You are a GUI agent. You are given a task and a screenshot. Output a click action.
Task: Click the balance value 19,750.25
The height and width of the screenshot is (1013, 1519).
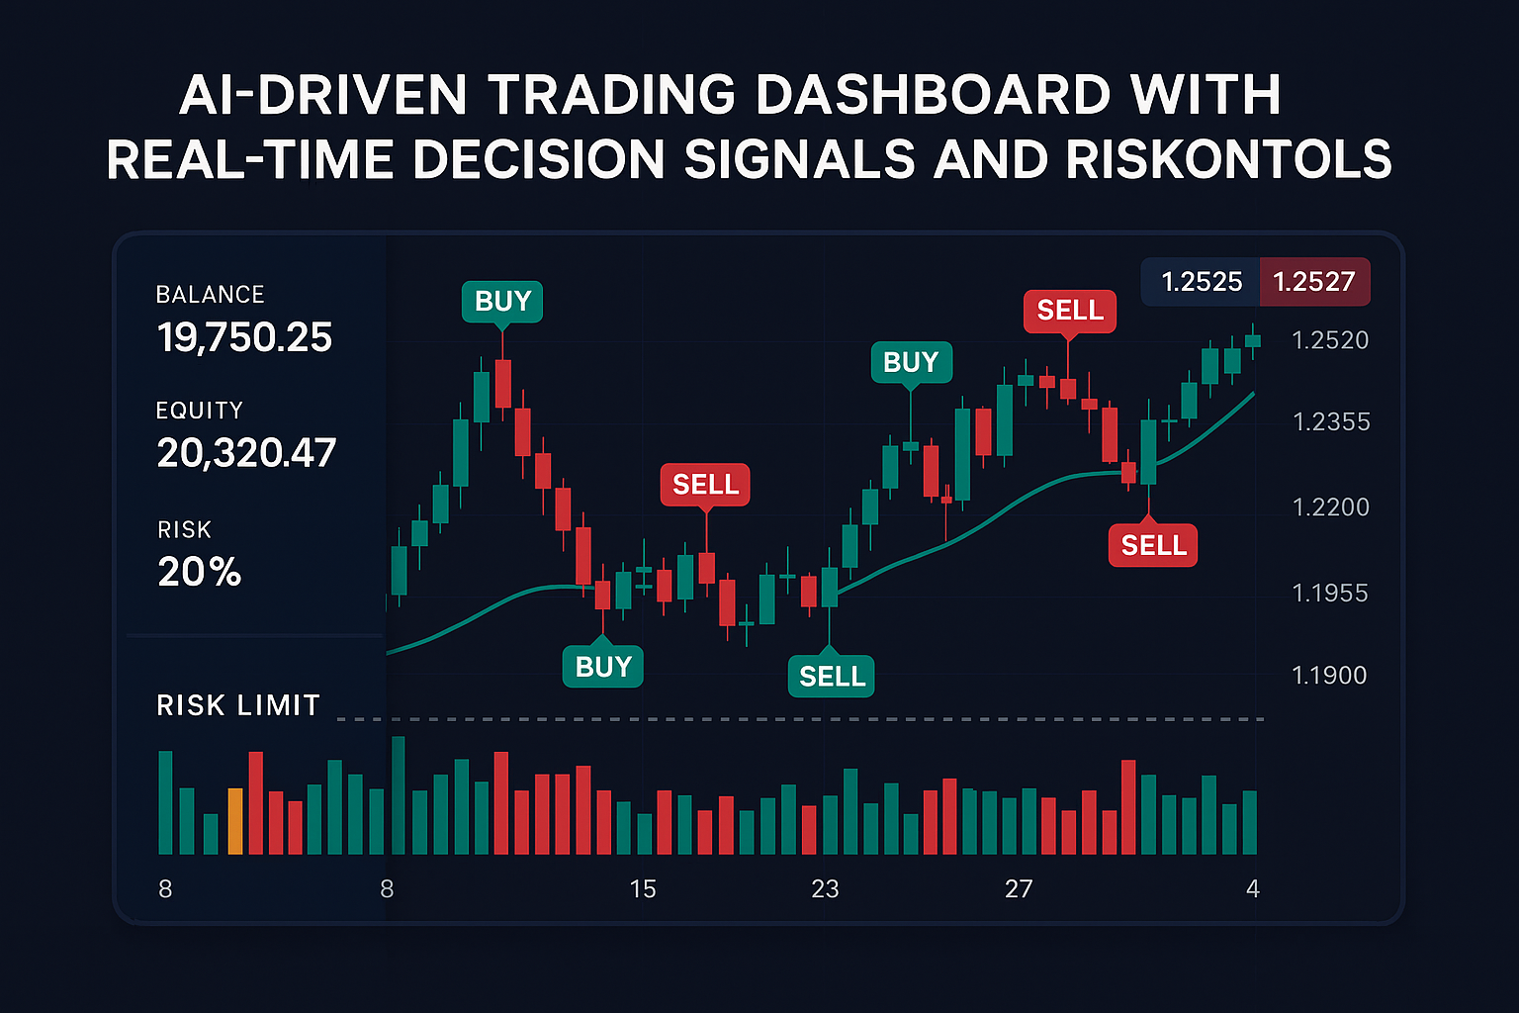coord(244,338)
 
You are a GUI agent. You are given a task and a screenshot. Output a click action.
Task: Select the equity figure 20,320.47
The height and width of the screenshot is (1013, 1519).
coord(246,453)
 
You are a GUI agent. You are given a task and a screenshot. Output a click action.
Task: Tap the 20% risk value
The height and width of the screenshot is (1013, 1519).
coord(199,573)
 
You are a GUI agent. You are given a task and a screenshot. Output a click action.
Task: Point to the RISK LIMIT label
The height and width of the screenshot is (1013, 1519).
coord(238,705)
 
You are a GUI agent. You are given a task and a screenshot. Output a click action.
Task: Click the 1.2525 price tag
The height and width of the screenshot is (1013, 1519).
coord(1202,282)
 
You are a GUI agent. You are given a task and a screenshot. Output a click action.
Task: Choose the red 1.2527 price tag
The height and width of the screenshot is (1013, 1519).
coord(1313,282)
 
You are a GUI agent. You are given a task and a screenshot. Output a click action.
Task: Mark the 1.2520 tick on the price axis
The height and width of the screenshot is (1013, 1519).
coord(1330,340)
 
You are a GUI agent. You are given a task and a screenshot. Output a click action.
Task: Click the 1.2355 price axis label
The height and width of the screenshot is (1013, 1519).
coord(1331,422)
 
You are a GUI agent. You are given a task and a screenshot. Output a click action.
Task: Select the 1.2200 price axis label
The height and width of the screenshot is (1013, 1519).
coord(1331,507)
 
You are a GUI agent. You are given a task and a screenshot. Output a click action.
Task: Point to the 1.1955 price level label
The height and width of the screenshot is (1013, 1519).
coord(1330,594)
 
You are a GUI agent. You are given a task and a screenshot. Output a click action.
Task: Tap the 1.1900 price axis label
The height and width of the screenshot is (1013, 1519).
coord(1329,676)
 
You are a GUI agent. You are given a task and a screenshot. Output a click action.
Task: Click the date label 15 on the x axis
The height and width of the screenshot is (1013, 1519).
coord(643,889)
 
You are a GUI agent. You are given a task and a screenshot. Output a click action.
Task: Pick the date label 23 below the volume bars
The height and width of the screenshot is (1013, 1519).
coord(825,889)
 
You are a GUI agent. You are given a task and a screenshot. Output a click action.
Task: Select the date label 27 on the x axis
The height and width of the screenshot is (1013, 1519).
coord(1019,889)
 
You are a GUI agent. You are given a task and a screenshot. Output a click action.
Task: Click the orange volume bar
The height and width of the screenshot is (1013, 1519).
coord(235,821)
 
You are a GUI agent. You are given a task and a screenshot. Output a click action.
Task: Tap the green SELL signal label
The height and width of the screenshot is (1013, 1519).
coord(832,677)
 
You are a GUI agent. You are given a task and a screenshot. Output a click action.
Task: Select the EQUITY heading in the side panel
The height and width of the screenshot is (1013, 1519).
coord(199,411)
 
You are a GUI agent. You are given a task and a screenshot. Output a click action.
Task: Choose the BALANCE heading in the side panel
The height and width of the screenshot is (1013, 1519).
coord(210,295)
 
